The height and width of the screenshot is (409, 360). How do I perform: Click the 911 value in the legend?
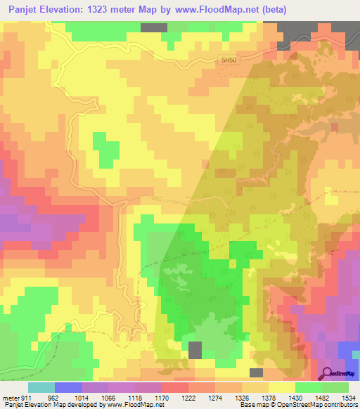click(26, 396)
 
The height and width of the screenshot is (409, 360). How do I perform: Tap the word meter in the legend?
click(11, 396)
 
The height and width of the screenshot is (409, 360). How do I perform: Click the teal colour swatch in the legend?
click(41, 387)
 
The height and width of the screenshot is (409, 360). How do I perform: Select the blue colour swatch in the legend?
click(67, 387)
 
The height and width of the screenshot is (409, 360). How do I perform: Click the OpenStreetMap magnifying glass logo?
click(328, 373)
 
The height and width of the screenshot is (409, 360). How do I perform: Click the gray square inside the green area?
click(195, 349)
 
